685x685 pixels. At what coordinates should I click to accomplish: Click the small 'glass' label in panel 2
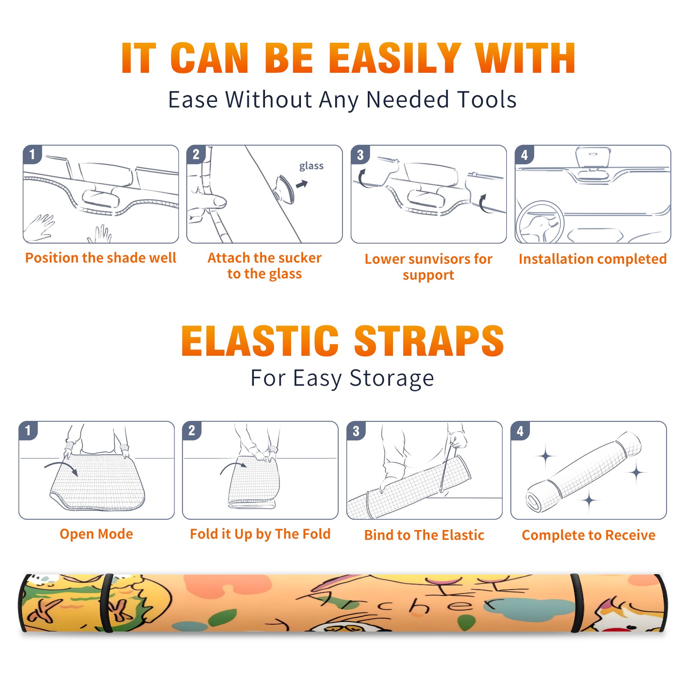click(x=311, y=166)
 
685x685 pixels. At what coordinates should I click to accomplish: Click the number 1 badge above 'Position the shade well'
click(x=32, y=154)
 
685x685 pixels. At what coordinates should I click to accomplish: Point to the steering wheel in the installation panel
click(x=540, y=222)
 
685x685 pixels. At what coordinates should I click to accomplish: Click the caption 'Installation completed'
click(x=593, y=259)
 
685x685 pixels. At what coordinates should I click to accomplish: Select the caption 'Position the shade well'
click(x=101, y=258)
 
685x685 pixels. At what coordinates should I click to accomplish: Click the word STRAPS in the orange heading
click(x=429, y=341)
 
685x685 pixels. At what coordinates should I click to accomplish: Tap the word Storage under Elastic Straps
click(x=392, y=378)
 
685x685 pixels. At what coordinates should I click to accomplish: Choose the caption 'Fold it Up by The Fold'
click(x=260, y=534)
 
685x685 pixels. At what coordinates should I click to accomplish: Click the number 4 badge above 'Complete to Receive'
click(x=520, y=431)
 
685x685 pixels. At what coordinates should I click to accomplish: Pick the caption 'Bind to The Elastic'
click(x=424, y=535)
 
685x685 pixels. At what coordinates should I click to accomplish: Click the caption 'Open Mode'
click(x=96, y=534)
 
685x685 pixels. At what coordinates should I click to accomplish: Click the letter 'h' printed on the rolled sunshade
click(x=419, y=605)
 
